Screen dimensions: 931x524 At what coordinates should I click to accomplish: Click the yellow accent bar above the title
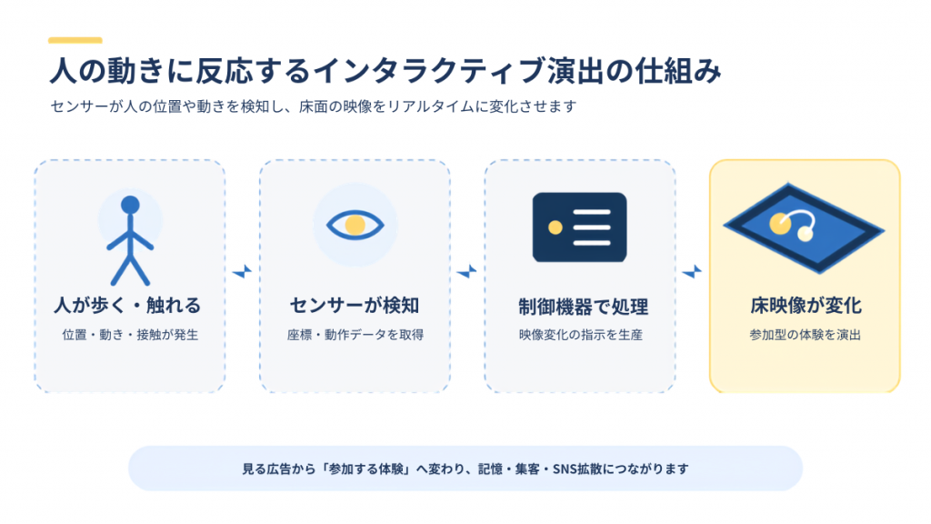coord(75,40)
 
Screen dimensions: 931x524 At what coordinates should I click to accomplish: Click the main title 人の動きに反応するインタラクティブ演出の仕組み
coord(385,71)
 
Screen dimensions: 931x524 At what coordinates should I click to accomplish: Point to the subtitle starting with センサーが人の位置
coord(314,106)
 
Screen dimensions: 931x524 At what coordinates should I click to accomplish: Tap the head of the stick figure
coord(130,205)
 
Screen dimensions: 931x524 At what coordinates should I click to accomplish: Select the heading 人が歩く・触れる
coord(127,306)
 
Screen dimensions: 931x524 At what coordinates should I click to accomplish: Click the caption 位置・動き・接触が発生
coord(130,335)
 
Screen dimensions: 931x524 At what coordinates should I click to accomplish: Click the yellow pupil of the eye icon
coord(355,226)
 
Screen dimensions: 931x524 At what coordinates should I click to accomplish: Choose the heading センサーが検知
coord(355,306)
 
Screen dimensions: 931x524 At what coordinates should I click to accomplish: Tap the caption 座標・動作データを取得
coord(355,335)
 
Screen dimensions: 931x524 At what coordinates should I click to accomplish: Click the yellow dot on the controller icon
coord(556,227)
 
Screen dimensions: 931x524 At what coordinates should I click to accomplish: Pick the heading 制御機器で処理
coord(583,307)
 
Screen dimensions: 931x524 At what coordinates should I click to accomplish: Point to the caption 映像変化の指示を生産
coord(580,335)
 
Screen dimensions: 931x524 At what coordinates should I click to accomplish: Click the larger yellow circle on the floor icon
coord(780,224)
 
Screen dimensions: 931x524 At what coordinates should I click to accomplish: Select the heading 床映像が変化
coord(806,306)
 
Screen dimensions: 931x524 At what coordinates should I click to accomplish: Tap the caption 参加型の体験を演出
coord(806,335)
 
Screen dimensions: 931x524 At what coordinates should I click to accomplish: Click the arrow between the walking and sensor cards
coord(242,271)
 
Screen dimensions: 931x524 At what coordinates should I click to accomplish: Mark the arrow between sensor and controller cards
coord(467,271)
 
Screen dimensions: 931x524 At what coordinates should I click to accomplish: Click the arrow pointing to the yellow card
coord(692,271)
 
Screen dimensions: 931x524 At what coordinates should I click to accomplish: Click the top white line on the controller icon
coord(592,212)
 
